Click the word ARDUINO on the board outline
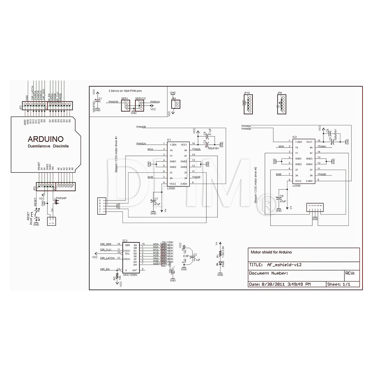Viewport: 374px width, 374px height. click(45, 139)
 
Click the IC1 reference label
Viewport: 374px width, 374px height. click(169, 140)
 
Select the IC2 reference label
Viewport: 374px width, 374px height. click(295, 137)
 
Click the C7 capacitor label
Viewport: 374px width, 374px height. click(156, 199)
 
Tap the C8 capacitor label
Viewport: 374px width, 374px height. click(282, 196)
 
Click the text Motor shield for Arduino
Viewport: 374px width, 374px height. click(271, 252)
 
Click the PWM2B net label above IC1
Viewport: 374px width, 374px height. click(141, 127)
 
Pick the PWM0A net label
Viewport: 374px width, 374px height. click(246, 126)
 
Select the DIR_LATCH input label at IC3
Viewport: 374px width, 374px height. click(107, 258)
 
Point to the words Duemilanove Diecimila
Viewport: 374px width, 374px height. click(48, 146)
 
